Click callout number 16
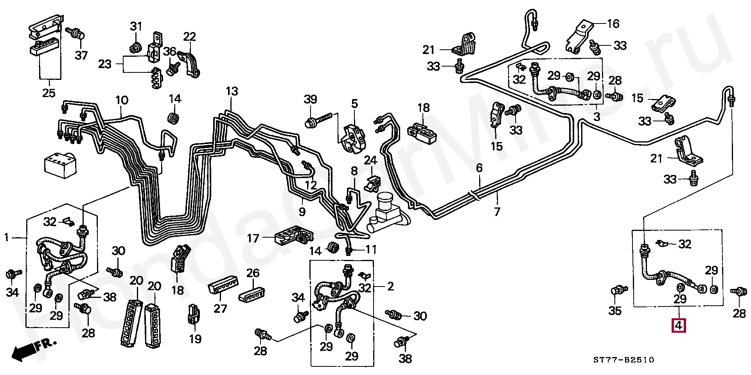coord(613,24)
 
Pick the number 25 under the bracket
coord(49,93)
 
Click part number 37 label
coord(81,56)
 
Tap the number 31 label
coord(136,27)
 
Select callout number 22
coord(189,37)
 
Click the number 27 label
coord(220,308)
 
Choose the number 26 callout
coord(253,273)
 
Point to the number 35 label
coord(615,311)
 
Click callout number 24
coord(370,160)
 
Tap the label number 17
coord(253,238)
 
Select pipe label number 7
coord(497,212)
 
